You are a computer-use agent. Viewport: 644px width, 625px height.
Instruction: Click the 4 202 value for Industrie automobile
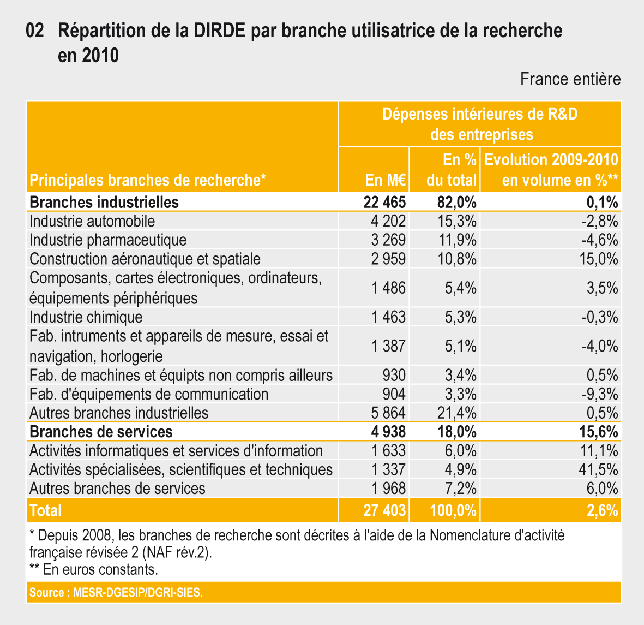click(x=388, y=221)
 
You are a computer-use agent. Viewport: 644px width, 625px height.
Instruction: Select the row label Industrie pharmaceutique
click(x=108, y=240)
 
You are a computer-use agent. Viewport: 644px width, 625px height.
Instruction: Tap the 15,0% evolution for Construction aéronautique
click(x=598, y=259)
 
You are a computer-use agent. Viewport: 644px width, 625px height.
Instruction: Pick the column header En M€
click(x=386, y=180)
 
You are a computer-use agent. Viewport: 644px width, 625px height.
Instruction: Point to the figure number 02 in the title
click(x=35, y=31)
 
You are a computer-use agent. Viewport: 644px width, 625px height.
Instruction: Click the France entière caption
click(x=570, y=79)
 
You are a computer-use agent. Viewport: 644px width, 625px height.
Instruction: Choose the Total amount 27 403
click(x=384, y=510)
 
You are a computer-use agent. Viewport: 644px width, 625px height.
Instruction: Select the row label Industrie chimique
click(x=86, y=317)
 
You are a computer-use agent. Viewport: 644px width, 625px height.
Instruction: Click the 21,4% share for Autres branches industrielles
click(x=457, y=413)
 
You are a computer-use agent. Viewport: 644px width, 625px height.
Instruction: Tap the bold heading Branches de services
click(x=101, y=432)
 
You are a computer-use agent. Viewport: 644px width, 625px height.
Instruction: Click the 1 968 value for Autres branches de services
click(x=388, y=488)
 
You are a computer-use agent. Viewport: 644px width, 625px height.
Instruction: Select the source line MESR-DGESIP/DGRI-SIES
click(x=116, y=593)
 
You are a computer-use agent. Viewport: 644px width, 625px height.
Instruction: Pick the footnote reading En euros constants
click(x=94, y=570)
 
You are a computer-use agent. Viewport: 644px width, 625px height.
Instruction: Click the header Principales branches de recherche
click(x=147, y=180)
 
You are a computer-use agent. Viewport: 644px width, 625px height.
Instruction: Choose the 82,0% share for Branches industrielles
click(x=457, y=203)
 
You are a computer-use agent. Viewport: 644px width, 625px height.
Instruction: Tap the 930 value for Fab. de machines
click(x=394, y=376)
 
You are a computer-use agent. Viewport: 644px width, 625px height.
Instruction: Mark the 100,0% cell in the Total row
click(x=453, y=510)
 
